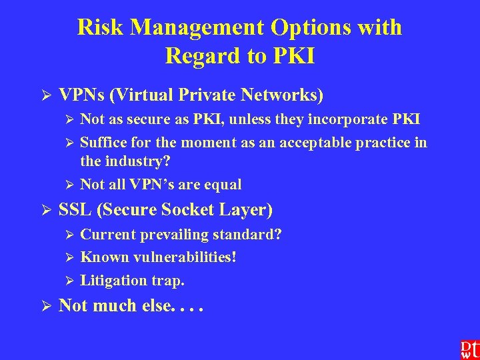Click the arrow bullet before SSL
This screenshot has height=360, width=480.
(x=47, y=211)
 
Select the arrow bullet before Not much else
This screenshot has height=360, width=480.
(x=47, y=307)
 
